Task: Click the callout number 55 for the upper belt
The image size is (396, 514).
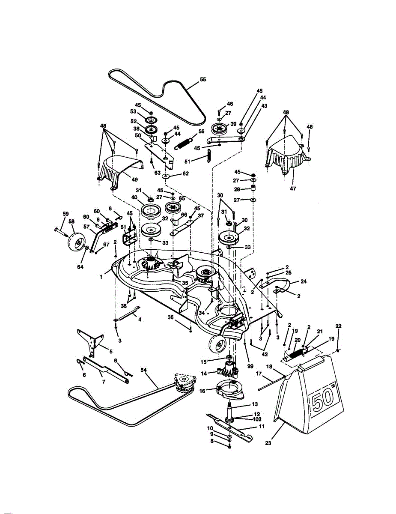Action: click(203, 79)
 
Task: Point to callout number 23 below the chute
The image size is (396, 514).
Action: click(268, 443)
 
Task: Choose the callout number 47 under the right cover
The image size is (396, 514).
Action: click(293, 188)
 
